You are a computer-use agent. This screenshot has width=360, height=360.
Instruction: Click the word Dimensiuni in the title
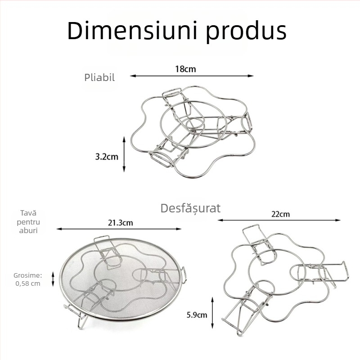coord(132,31)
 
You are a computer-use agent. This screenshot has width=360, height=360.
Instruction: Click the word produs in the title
coord(246,31)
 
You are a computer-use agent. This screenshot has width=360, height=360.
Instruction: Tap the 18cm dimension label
coord(185,69)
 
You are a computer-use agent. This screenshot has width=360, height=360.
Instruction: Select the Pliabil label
coord(99,77)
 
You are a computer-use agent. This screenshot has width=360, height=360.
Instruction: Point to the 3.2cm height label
coord(107,157)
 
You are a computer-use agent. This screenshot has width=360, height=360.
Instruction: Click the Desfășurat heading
coord(190,208)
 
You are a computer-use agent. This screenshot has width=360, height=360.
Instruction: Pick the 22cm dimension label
coord(280,214)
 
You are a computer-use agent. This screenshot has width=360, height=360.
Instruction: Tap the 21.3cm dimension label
coord(121,223)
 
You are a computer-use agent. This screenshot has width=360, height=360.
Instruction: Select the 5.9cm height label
coord(197,315)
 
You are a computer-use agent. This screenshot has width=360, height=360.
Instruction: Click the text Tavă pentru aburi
coord(28,222)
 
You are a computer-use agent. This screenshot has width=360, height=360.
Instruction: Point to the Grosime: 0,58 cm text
coord(28,279)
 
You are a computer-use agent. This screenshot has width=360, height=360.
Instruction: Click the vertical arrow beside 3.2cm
coord(124,154)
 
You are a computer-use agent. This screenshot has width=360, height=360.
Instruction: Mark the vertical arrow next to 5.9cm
coord(212,313)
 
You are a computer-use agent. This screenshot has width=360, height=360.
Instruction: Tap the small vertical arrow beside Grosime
coord(53,279)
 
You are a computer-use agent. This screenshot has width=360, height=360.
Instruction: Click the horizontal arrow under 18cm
coord(192,76)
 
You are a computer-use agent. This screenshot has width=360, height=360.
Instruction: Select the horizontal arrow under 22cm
coord(279,220)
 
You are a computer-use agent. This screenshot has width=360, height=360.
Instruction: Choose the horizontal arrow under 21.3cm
coord(119,229)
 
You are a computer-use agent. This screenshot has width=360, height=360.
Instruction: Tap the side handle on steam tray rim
coord(184,275)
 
